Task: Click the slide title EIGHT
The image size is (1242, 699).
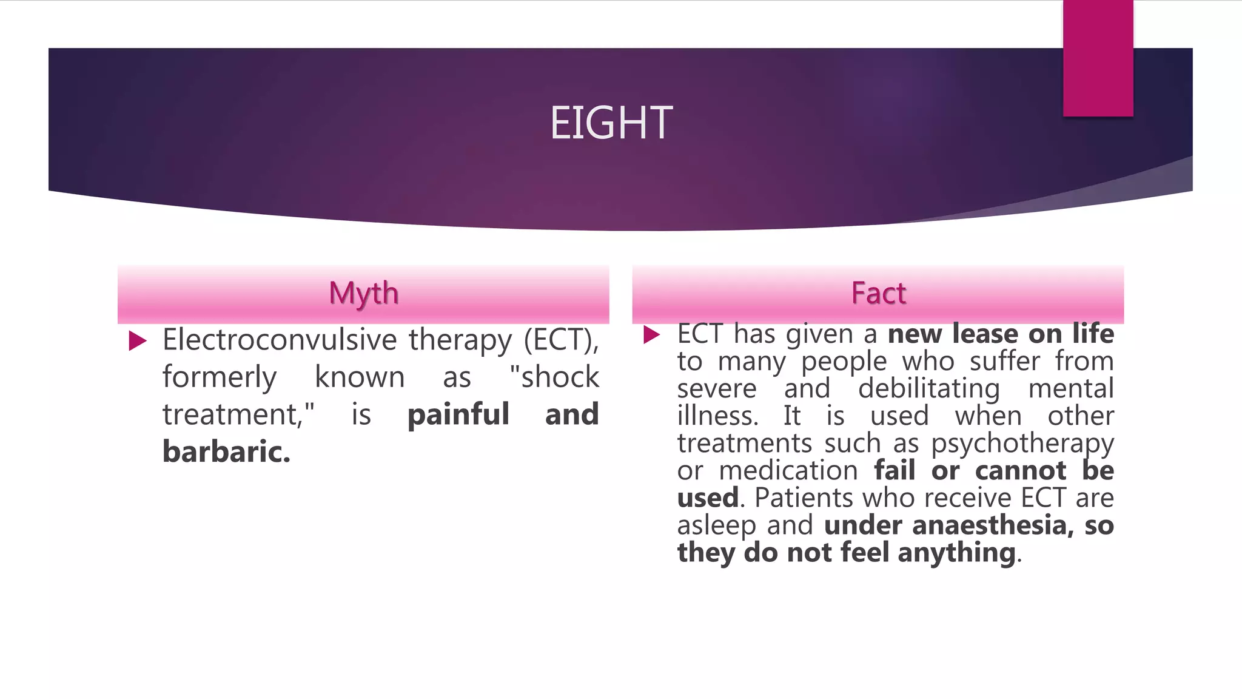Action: (x=611, y=123)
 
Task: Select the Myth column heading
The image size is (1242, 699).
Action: (x=363, y=293)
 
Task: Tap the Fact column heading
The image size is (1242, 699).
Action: (x=878, y=293)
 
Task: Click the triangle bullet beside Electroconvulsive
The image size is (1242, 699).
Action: (x=138, y=341)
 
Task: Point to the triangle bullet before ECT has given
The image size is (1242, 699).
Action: (x=651, y=334)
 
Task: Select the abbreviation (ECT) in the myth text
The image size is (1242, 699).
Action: (x=561, y=340)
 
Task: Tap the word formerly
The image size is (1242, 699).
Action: (x=220, y=377)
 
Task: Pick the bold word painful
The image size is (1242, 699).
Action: (x=458, y=415)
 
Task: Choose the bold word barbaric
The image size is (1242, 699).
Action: (x=226, y=452)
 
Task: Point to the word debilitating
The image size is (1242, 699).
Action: (x=928, y=388)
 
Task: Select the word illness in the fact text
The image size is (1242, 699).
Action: (x=717, y=416)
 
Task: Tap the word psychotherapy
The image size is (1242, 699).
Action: (x=1022, y=444)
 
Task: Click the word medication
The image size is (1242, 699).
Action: (x=788, y=470)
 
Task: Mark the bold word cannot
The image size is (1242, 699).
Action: (x=1021, y=470)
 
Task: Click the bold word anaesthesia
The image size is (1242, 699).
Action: (x=989, y=525)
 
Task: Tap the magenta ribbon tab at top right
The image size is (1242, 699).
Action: (x=1098, y=58)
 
